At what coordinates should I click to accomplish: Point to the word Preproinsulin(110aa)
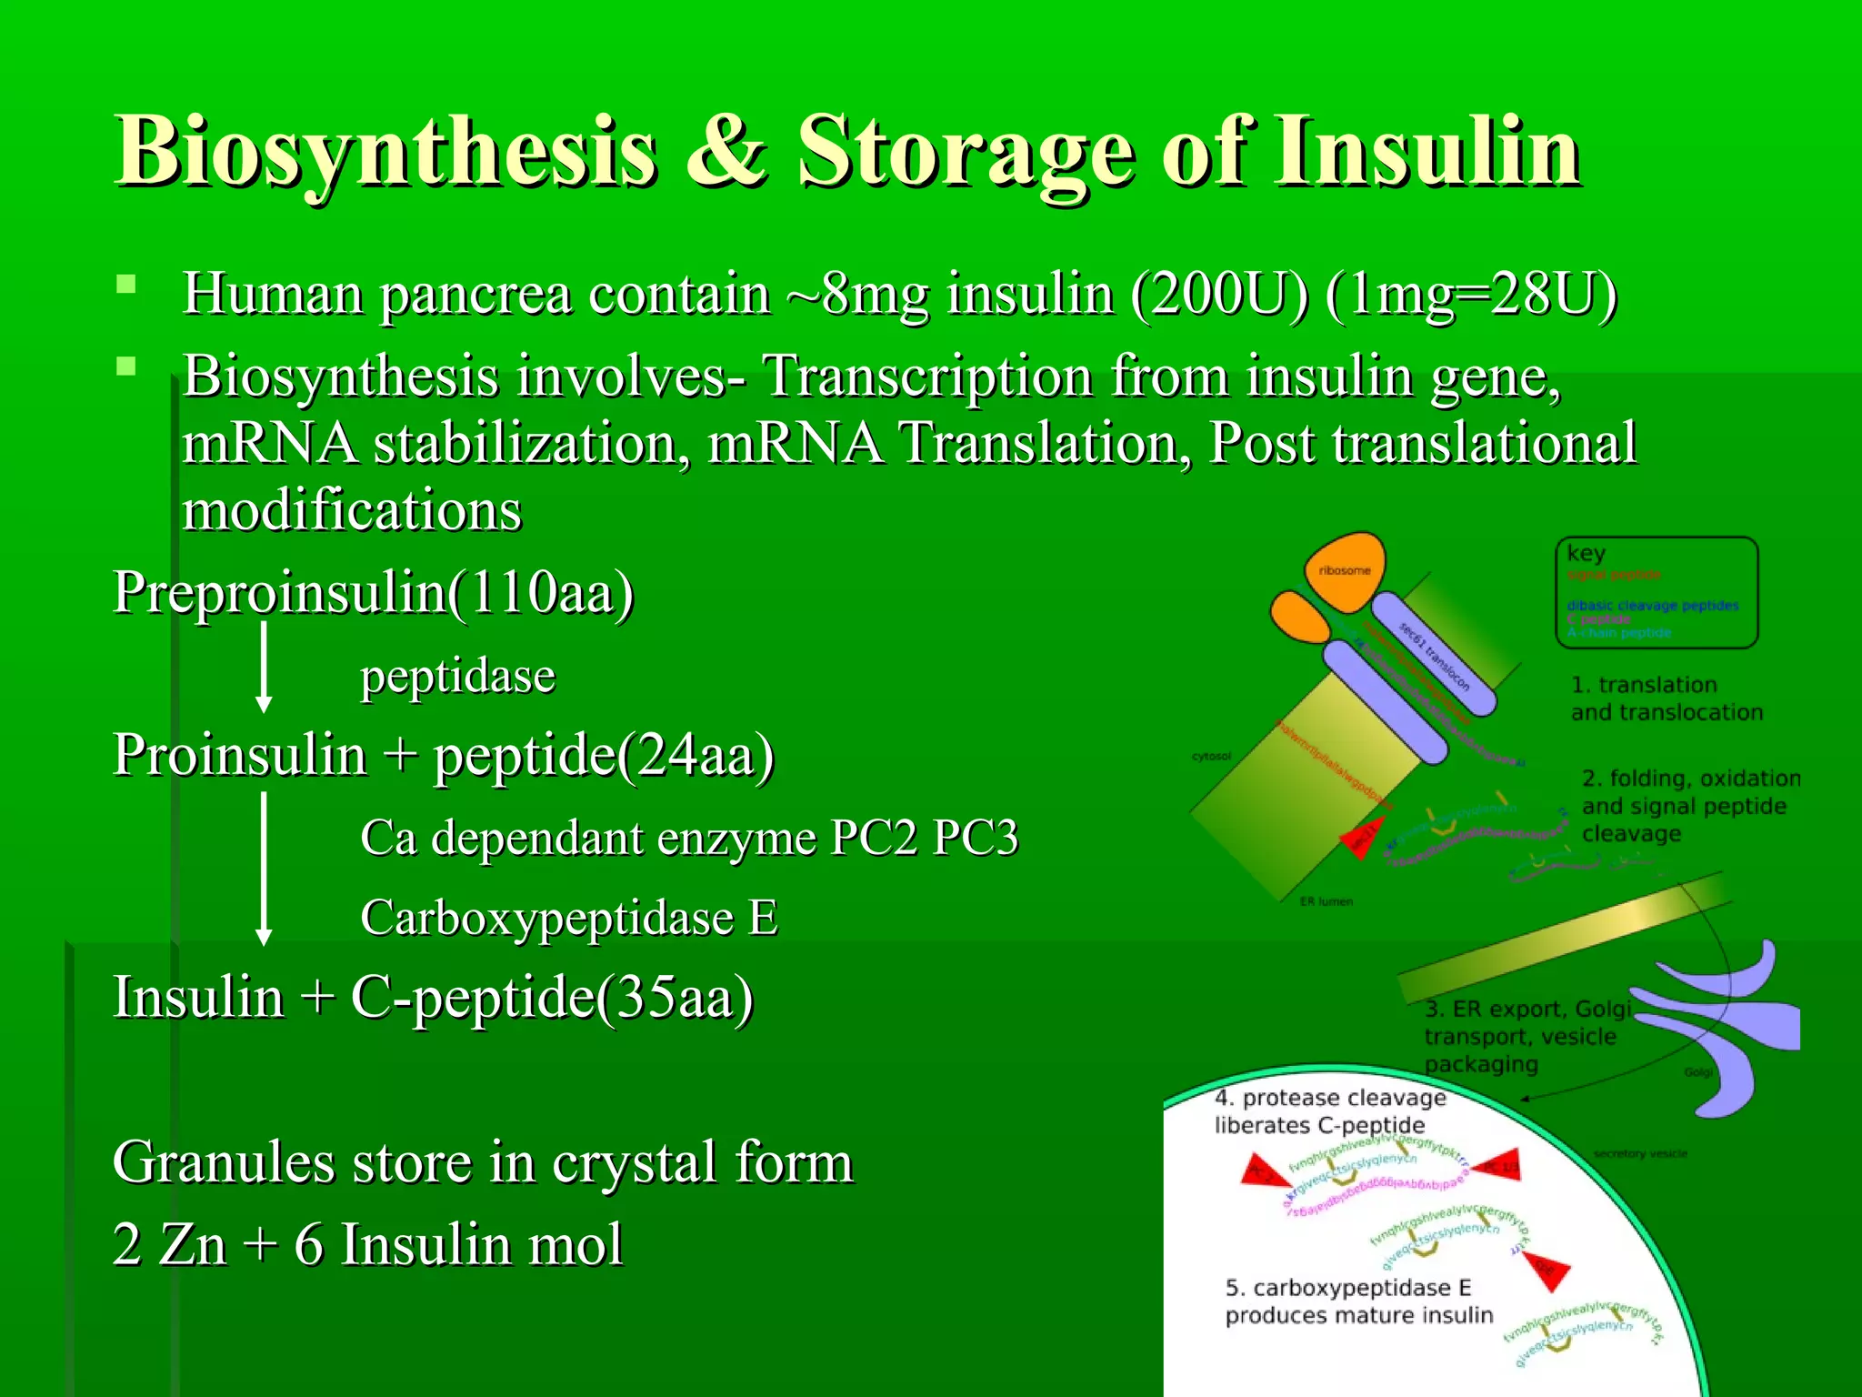tap(373, 593)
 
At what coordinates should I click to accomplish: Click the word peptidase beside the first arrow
tap(457, 677)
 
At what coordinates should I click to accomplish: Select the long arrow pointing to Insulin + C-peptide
tap(264, 869)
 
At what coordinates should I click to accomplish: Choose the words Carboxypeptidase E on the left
tap(569, 918)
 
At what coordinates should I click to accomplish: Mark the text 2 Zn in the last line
tap(169, 1244)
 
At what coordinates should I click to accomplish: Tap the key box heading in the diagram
tap(1587, 553)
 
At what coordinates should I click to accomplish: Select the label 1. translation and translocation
tap(1666, 698)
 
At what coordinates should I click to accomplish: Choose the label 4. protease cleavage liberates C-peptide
tap(1329, 1111)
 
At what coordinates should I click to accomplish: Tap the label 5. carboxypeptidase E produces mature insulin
tap(1358, 1302)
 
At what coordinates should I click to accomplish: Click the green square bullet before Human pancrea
tap(126, 285)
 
